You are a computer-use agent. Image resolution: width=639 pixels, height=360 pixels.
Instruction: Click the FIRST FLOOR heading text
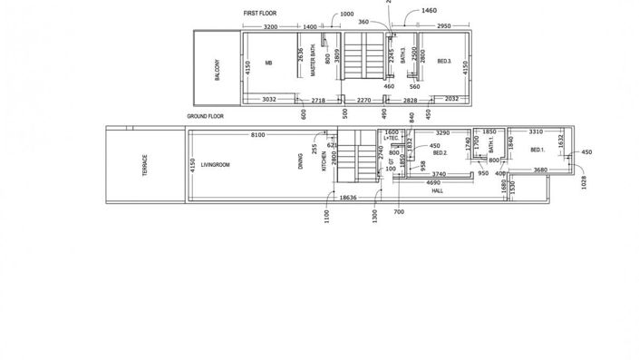(260, 15)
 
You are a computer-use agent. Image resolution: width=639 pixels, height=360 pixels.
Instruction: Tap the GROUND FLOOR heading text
(206, 117)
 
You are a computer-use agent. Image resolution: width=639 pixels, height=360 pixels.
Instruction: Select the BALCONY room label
(218, 72)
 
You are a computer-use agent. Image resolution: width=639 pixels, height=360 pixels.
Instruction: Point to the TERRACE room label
(144, 164)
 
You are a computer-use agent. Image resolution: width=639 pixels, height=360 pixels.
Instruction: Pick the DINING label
(301, 162)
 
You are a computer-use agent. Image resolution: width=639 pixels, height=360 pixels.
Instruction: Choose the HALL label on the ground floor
(437, 191)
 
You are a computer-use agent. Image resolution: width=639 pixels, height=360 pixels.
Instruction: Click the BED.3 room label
(444, 62)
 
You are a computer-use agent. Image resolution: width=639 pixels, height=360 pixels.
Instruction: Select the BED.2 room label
(441, 153)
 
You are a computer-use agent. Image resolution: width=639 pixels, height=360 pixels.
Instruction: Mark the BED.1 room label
(537, 150)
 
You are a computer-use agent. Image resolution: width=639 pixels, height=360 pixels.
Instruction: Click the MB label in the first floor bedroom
(268, 63)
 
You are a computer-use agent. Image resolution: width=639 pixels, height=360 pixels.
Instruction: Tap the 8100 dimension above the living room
(257, 134)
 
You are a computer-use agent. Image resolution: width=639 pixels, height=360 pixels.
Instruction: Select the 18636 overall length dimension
(347, 197)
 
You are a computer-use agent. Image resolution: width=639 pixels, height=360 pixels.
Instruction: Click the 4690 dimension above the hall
(434, 182)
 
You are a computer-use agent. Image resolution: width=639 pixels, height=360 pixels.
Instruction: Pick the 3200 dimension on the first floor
(270, 28)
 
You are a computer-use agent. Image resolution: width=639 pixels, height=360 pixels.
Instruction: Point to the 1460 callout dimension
(430, 11)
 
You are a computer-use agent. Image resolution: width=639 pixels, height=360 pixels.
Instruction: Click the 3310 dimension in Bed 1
(536, 132)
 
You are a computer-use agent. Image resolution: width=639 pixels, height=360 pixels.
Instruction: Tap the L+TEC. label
(392, 139)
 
